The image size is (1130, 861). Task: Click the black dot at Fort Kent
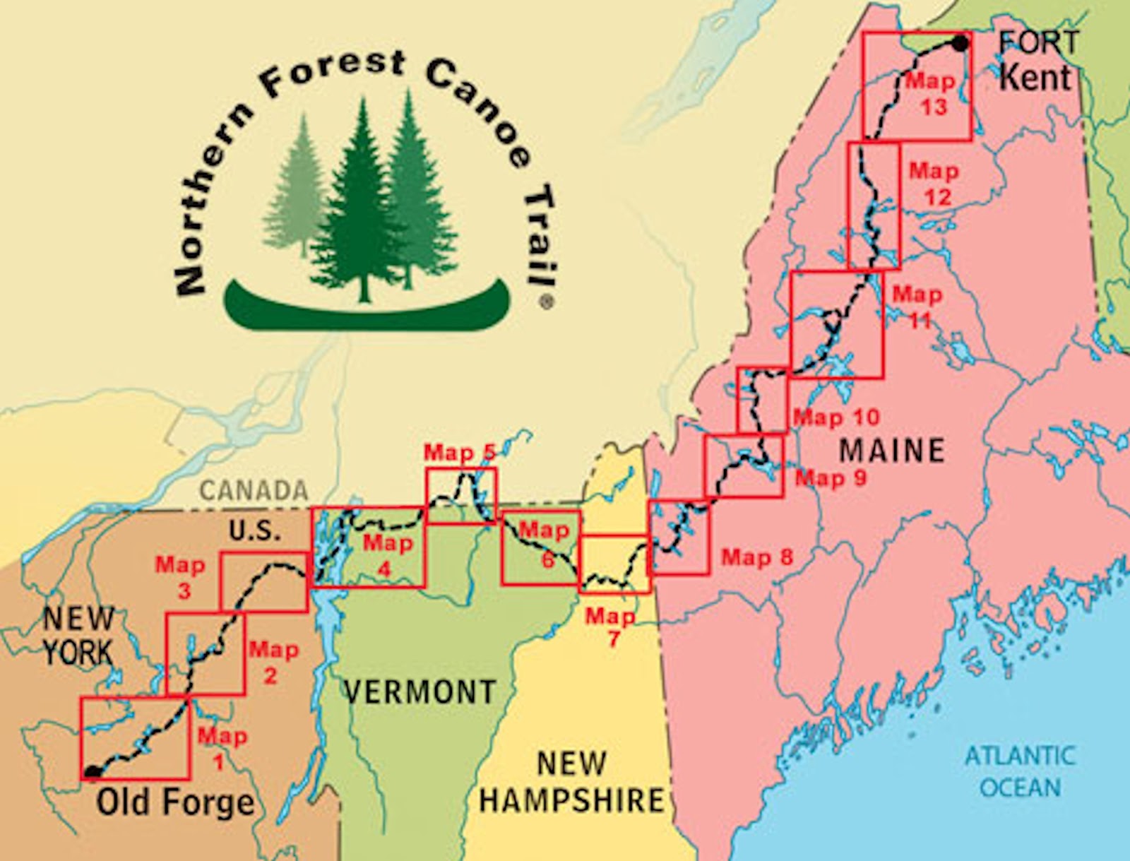[x=959, y=43]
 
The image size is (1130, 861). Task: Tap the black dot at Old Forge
[x=92, y=772]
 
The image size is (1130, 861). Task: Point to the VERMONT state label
[x=420, y=691]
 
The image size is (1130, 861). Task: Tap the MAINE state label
[x=893, y=450]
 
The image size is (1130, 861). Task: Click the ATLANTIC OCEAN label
[x=1020, y=771]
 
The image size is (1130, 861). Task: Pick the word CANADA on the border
[x=254, y=490]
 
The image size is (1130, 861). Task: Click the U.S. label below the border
[x=254, y=530]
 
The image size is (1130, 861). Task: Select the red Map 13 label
[x=932, y=94]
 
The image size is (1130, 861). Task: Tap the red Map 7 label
[x=610, y=627]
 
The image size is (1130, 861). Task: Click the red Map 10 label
[x=836, y=417]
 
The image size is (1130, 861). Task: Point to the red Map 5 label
[x=460, y=452]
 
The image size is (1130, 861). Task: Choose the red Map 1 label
[x=222, y=749]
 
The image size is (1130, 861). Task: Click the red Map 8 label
[x=757, y=557]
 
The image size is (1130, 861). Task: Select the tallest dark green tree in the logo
[x=362, y=205]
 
